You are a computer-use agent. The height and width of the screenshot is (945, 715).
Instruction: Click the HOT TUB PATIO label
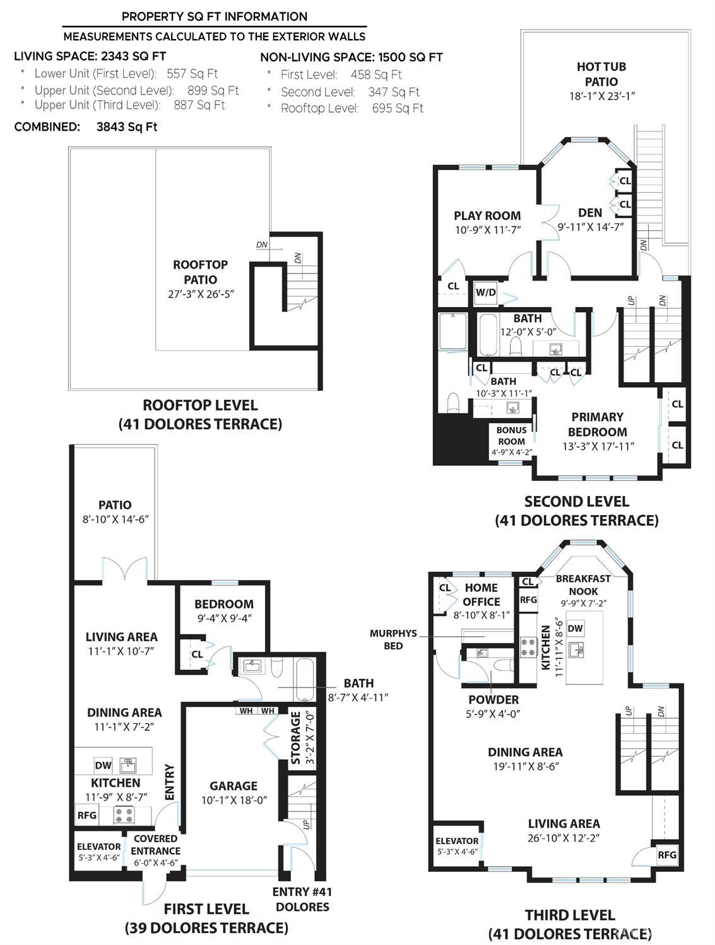(601, 74)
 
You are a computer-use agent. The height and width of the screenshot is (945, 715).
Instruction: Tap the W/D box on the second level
(485, 293)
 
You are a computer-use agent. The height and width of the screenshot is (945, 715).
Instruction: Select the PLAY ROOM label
(487, 216)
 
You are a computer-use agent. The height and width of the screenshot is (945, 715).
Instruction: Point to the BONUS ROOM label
(511, 436)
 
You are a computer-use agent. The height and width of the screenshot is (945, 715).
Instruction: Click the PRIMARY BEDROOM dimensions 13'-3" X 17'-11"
(598, 446)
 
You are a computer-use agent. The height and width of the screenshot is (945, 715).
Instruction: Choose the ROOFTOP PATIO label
(200, 272)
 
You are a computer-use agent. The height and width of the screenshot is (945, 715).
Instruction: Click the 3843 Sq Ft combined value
(127, 127)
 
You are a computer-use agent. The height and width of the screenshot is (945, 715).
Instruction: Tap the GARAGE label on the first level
(233, 786)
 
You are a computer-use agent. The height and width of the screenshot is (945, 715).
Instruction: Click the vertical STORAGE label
(295, 738)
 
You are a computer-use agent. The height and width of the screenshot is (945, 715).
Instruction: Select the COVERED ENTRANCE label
(155, 845)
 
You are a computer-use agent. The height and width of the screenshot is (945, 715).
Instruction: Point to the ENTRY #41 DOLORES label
(302, 899)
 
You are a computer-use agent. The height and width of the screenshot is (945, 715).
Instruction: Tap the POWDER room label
(493, 700)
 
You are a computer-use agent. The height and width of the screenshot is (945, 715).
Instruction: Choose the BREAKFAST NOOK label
(583, 584)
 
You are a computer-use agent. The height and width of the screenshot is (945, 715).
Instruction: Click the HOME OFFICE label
(482, 594)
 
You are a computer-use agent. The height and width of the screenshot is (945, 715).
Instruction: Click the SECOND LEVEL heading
(576, 502)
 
